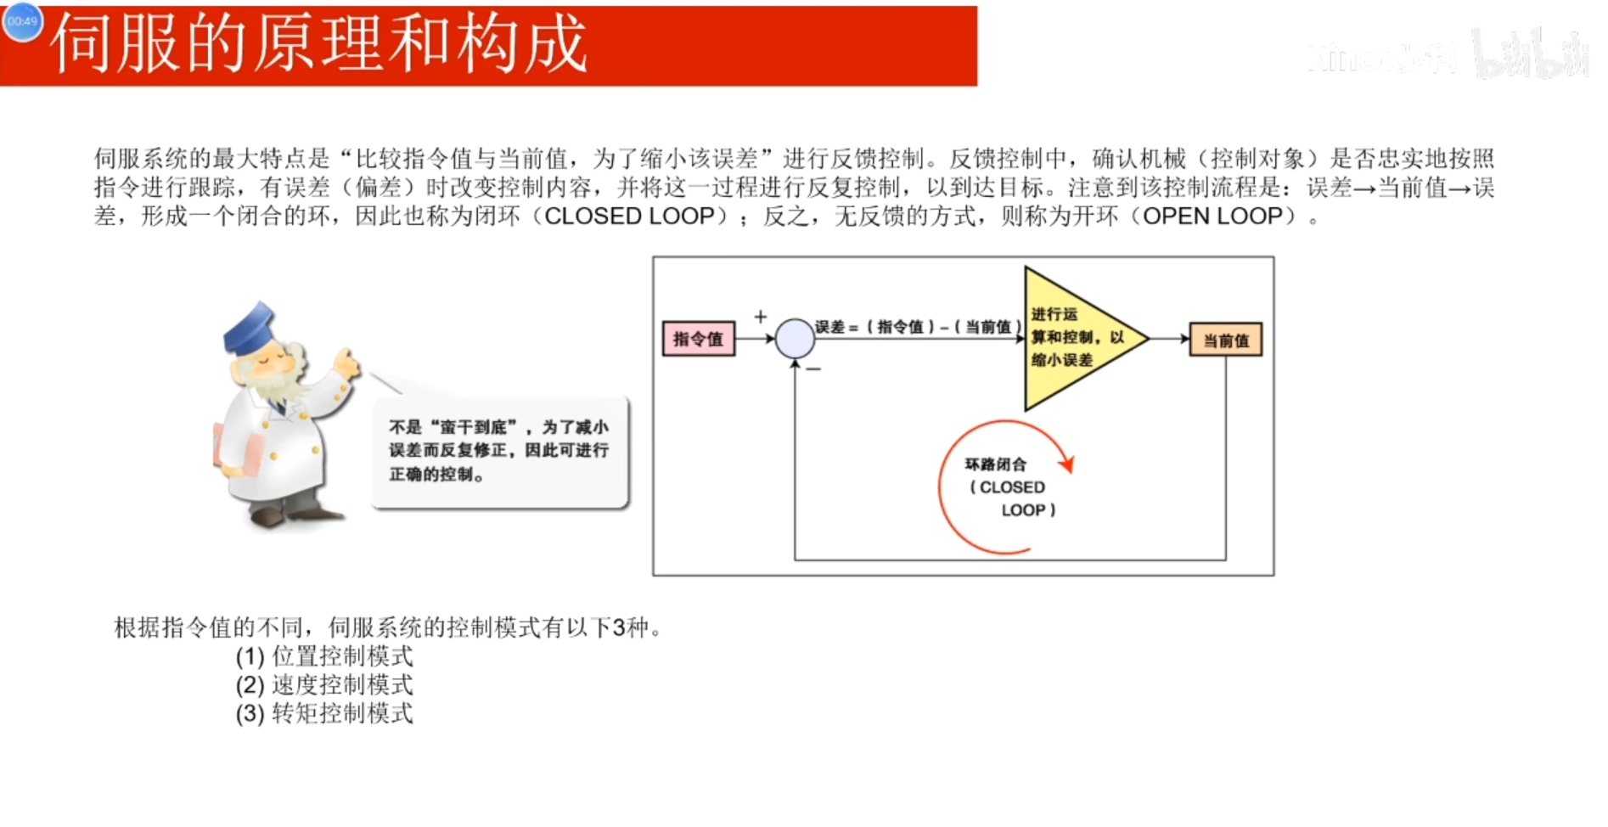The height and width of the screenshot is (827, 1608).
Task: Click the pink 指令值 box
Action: pyautogui.click(x=698, y=339)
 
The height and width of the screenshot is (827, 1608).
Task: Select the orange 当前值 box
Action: pyautogui.click(x=1225, y=340)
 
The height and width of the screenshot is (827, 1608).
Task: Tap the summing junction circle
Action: pyautogui.click(x=795, y=339)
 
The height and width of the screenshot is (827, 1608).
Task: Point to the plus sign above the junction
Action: pyautogui.click(x=761, y=317)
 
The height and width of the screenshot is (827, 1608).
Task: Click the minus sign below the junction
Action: pyautogui.click(x=813, y=369)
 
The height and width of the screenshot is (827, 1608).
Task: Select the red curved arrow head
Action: pyautogui.click(x=1067, y=464)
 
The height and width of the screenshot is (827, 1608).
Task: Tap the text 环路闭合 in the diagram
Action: pyautogui.click(x=995, y=464)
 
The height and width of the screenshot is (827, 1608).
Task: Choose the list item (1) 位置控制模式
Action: pyautogui.click(x=324, y=656)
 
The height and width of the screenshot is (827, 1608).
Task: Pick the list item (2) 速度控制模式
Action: pyautogui.click(x=324, y=685)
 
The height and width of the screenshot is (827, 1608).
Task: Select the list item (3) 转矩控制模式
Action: pyautogui.click(x=324, y=714)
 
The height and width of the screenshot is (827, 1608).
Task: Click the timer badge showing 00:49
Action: pyautogui.click(x=23, y=21)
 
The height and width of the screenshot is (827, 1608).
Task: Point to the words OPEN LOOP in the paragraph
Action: pyautogui.click(x=1212, y=217)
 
